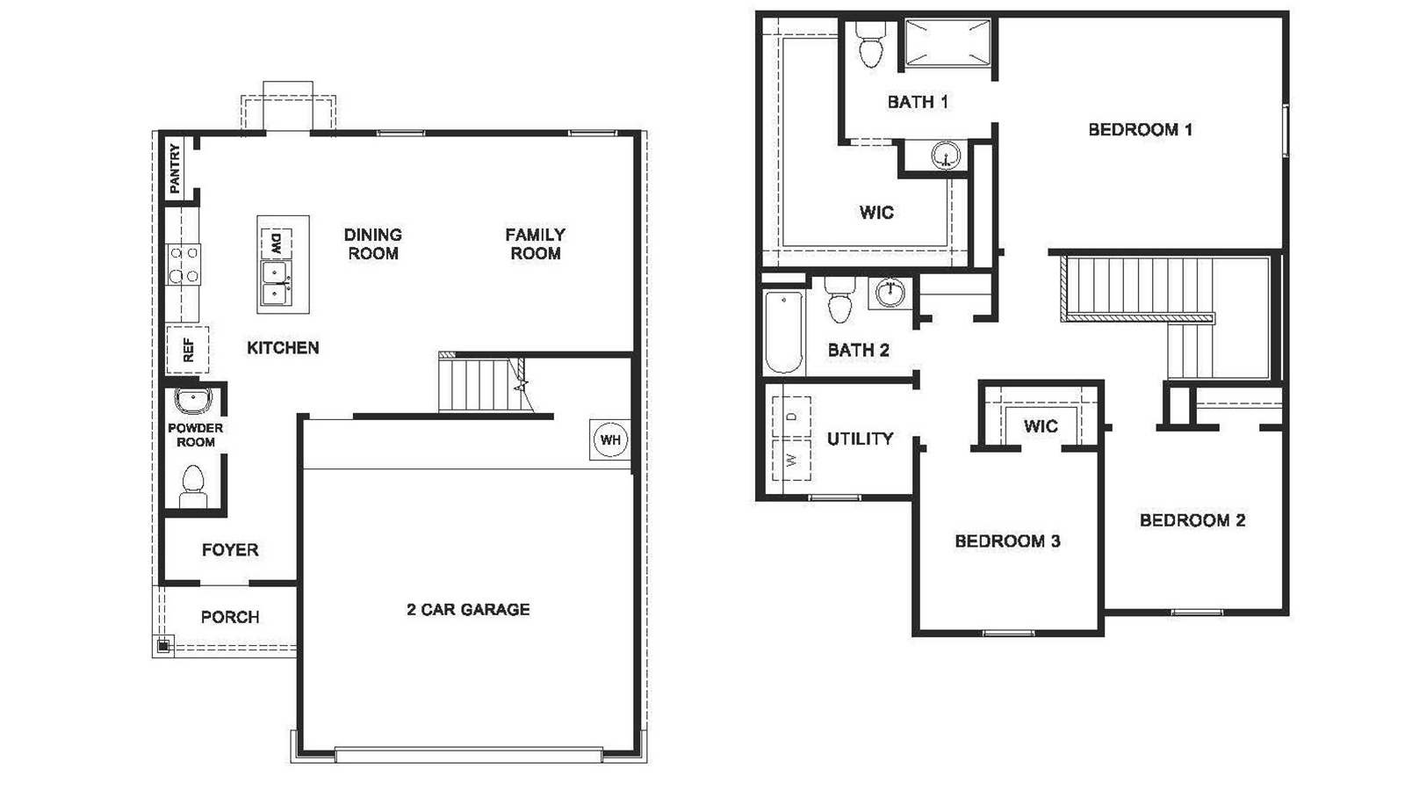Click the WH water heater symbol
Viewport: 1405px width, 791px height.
[x=610, y=439]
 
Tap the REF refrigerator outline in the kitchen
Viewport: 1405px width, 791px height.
[x=188, y=350]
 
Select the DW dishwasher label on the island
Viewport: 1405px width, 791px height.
[x=276, y=243]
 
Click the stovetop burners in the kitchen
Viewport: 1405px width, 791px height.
[x=184, y=265]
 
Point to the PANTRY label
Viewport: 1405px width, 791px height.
[x=175, y=169]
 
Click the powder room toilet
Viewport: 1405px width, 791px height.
[x=193, y=484]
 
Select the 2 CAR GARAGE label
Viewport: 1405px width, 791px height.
[x=468, y=609]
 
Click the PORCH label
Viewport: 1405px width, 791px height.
[x=230, y=617]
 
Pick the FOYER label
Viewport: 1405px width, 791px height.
[x=230, y=550]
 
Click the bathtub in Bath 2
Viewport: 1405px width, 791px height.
[x=784, y=332]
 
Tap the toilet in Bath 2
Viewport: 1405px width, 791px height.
[x=840, y=301]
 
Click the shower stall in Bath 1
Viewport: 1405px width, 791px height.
[x=947, y=43]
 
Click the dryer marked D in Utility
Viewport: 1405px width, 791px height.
[x=791, y=417]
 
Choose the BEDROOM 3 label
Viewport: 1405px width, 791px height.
[x=1007, y=541]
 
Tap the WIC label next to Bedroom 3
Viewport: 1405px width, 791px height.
[x=1041, y=426]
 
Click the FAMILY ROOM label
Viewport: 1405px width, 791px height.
[x=535, y=244]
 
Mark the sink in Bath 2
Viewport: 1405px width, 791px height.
[x=890, y=291]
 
